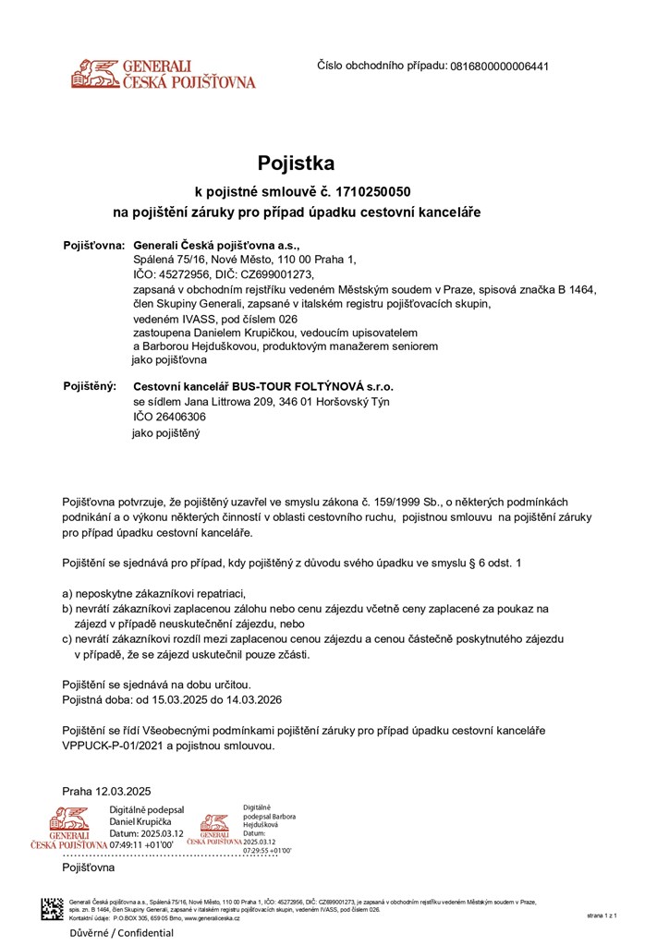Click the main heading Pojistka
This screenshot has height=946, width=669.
pyautogui.click(x=296, y=164)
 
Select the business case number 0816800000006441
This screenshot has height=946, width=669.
pyautogui.click(x=499, y=67)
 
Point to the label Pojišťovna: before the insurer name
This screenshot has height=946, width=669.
pyautogui.click(x=93, y=246)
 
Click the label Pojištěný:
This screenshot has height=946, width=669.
pyautogui.click(x=90, y=386)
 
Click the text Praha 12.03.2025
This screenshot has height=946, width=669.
pyautogui.click(x=106, y=791)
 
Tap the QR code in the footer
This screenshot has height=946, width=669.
pyautogui.click(x=51, y=909)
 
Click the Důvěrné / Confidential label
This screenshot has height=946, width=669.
pyautogui.click(x=109, y=933)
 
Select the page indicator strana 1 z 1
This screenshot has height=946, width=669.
pyautogui.click(x=601, y=915)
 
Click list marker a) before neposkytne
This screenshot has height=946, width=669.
pyautogui.click(x=67, y=593)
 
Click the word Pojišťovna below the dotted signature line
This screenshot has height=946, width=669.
pyautogui.click(x=89, y=868)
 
